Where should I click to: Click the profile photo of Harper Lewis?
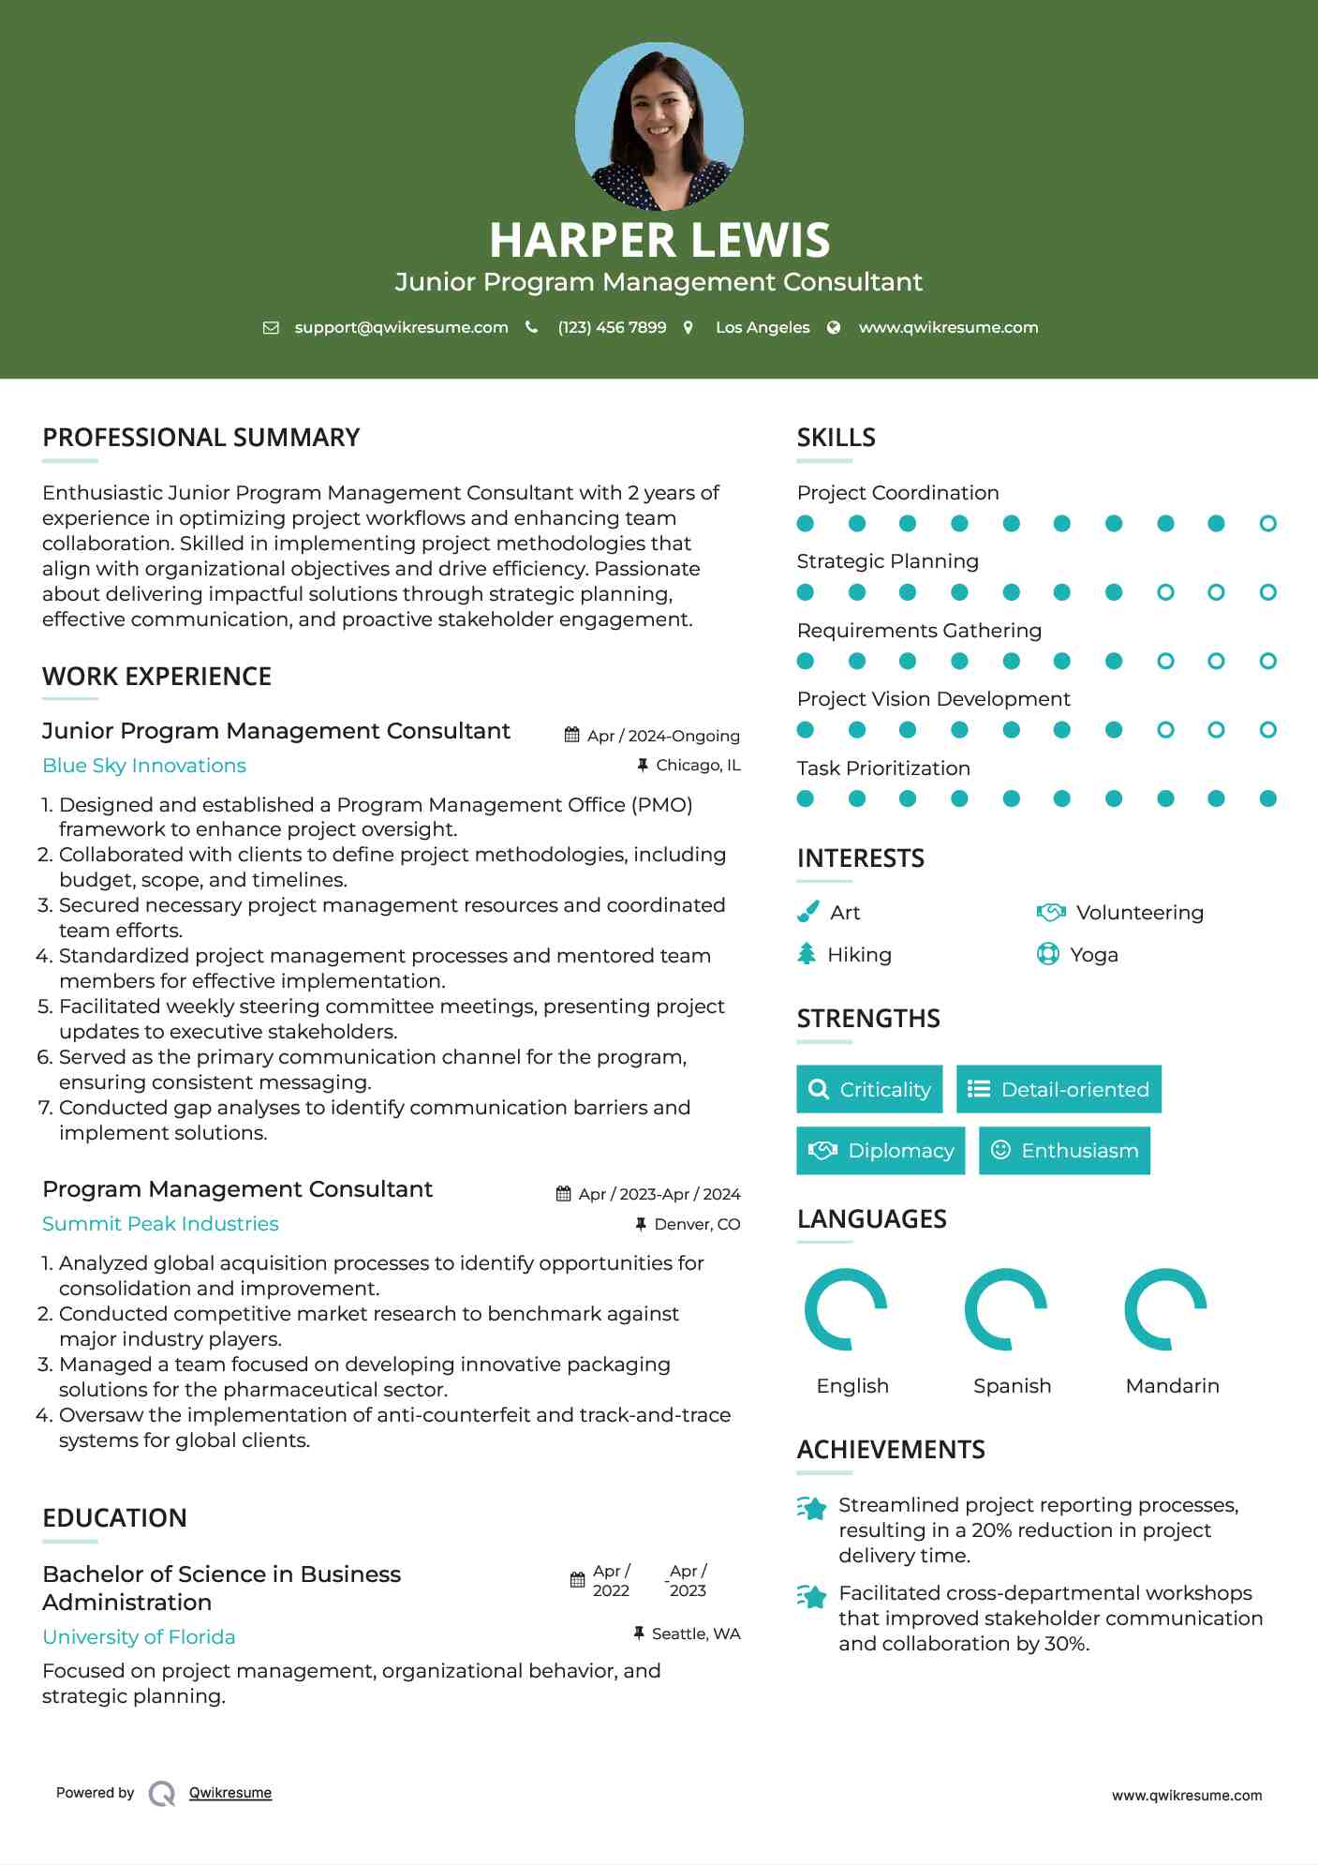[x=659, y=126]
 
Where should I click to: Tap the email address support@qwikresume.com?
[x=401, y=327]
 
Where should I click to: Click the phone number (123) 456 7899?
[x=612, y=327]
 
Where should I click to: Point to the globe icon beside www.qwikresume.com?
[x=834, y=327]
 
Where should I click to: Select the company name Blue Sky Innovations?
[x=144, y=766]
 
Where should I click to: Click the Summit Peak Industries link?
[x=160, y=1224]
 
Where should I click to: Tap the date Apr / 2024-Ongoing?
[x=663, y=736]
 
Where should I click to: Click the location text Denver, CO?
[x=697, y=1224]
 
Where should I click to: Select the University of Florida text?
[x=139, y=1637]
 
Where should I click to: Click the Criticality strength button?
[x=869, y=1089]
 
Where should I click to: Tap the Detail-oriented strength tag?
[x=1059, y=1089]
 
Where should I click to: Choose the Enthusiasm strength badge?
[x=1064, y=1151]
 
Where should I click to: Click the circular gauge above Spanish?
[x=1006, y=1309]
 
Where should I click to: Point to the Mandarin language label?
[x=1172, y=1386]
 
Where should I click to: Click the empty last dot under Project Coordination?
[x=1267, y=524]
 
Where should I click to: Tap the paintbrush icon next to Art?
[x=807, y=912]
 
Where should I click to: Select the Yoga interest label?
[x=1094, y=955]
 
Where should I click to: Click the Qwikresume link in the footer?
[x=230, y=1793]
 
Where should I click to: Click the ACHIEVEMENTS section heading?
[x=891, y=1450]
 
